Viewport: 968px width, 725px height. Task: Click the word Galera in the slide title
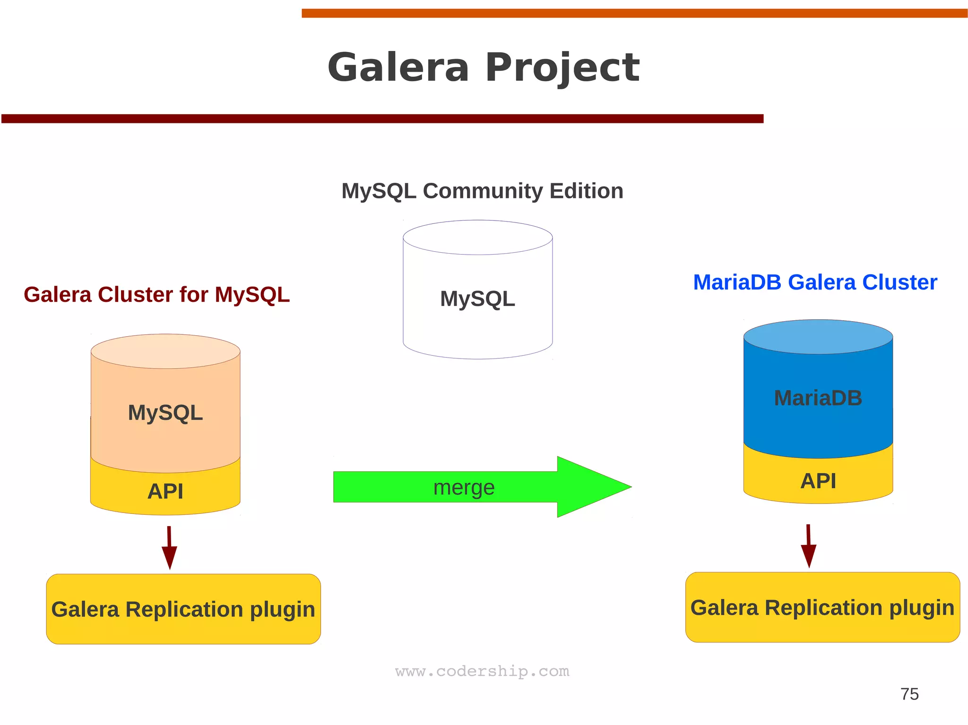tap(398, 68)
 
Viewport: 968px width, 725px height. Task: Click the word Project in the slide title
tap(562, 68)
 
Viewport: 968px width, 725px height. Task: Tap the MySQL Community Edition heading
tap(482, 191)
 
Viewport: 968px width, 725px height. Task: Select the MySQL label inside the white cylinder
tap(477, 299)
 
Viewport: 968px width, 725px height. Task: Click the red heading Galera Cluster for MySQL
tap(156, 295)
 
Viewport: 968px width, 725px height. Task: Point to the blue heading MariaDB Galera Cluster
tap(815, 282)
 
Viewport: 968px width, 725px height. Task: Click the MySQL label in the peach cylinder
tap(165, 413)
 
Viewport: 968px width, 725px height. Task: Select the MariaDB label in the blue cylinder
tap(818, 398)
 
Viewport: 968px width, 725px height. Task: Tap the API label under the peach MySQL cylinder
tap(165, 492)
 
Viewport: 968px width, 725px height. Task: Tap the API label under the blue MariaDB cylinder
tap(818, 481)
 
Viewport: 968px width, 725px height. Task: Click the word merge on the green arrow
tap(464, 487)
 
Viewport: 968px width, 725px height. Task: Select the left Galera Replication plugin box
tap(183, 609)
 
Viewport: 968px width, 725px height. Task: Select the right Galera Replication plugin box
tap(822, 607)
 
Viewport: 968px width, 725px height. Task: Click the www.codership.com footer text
tap(482, 671)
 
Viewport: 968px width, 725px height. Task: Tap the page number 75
tap(909, 694)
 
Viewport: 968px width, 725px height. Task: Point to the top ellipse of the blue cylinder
tap(818, 336)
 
